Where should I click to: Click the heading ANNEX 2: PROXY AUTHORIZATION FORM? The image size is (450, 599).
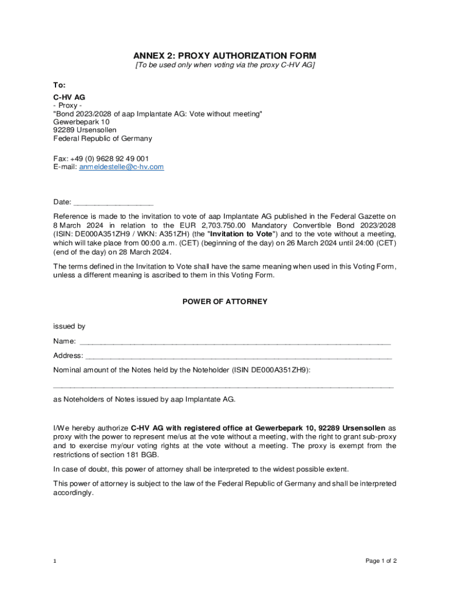[225, 56]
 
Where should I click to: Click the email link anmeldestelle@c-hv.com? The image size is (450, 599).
[121, 167]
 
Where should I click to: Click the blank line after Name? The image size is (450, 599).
[234, 341]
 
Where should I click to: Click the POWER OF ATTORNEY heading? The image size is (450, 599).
[225, 302]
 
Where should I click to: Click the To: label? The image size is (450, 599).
[60, 85]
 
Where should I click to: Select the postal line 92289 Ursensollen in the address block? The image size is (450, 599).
[85, 130]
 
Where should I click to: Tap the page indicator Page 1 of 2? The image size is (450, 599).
[381, 561]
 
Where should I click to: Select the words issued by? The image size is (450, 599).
[69, 326]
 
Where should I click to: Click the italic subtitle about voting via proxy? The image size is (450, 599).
[225, 65]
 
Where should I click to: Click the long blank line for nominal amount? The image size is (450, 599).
[223, 386]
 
